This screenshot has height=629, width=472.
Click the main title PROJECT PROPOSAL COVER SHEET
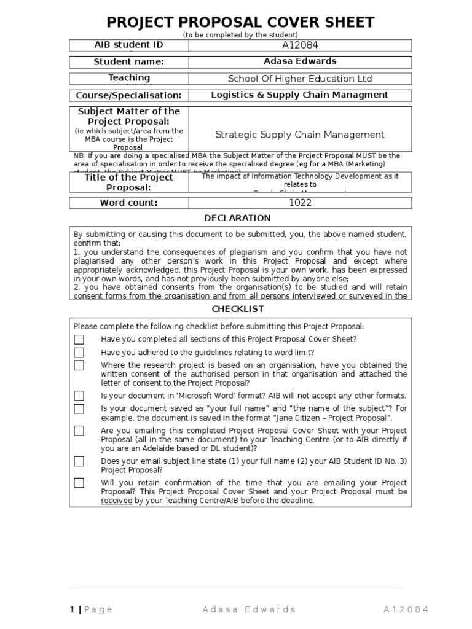coord(240,22)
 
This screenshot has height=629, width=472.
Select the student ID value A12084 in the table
coord(300,45)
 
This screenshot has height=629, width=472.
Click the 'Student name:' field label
coord(128,61)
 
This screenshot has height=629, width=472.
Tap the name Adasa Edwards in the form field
coord(300,61)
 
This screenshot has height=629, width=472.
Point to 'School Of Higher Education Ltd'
coord(300,79)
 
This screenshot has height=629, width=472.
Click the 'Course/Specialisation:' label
coord(128,95)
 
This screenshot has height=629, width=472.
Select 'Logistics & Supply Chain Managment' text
coord(300,95)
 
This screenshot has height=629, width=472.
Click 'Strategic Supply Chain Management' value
coord(300,135)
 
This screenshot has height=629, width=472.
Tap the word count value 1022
coord(300,203)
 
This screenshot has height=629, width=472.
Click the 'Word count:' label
coord(128,203)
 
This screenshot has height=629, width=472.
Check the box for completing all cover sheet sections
coord(79,340)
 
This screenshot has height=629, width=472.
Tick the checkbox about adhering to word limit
coord(79,353)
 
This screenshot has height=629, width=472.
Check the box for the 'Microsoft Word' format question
coord(79,396)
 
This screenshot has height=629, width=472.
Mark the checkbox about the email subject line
coord(79,461)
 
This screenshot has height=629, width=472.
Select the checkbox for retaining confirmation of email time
coord(79,483)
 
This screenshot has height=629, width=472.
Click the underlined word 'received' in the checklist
coord(117,501)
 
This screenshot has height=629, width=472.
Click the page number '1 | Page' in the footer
coord(91,592)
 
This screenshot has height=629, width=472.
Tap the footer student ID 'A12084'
coord(406,592)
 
